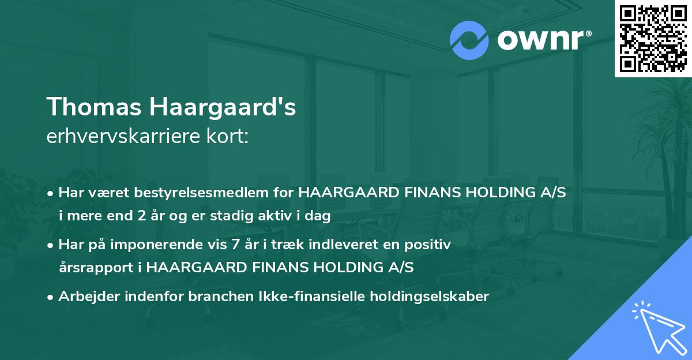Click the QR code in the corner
coord(652,38)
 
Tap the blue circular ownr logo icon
coord(469,40)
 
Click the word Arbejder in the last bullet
coord(88,297)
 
